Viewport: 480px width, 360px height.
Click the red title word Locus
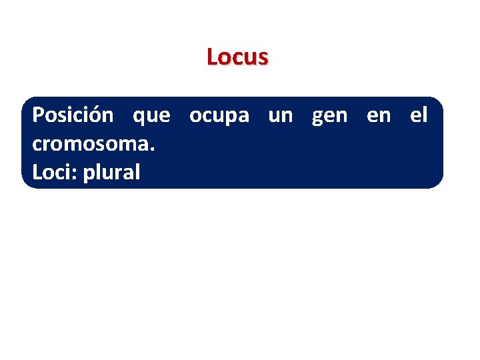click(237, 57)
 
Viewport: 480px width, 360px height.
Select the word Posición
click(73, 115)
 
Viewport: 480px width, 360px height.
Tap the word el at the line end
click(419, 115)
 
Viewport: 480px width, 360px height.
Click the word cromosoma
click(91, 144)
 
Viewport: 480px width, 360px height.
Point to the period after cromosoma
click(153, 149)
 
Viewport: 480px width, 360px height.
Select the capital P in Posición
click(39, 115)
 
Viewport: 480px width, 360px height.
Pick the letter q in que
click(139, 118)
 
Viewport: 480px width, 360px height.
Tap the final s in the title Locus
click(263, 58)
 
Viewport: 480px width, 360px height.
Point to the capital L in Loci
click(37, 173)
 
